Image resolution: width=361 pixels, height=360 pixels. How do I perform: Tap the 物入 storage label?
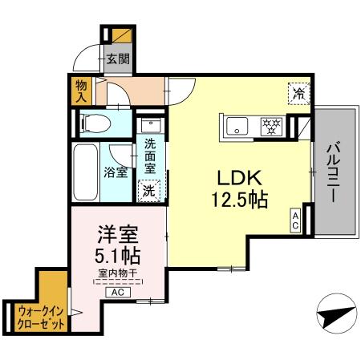81,91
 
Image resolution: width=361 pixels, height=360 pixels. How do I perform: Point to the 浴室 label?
116,172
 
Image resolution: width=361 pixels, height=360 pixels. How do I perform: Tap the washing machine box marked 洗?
148,191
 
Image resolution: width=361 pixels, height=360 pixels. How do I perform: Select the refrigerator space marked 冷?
297,92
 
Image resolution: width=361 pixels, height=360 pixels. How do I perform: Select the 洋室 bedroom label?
117,235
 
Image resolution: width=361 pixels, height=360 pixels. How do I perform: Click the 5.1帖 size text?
119,257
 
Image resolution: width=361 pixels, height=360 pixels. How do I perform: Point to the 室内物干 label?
118,275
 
